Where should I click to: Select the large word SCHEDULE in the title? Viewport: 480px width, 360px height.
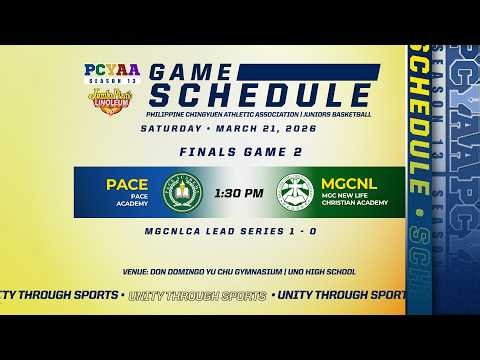click(259, 98)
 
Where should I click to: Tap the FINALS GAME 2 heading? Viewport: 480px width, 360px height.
click(239, 152)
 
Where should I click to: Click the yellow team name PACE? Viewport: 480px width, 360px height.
click(127, 184)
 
